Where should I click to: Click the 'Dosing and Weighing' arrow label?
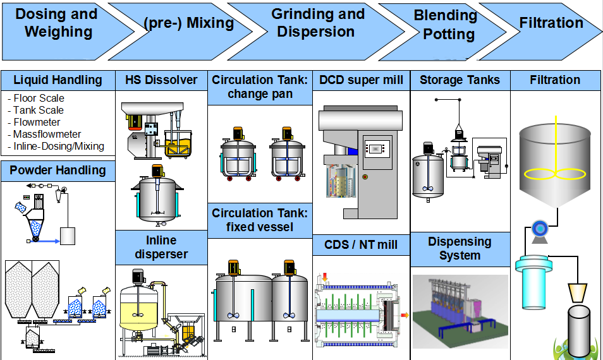57,23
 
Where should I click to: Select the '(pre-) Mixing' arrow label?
188,23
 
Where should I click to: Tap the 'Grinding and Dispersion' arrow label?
317,23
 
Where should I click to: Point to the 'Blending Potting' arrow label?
445,25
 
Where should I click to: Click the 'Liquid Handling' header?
58,80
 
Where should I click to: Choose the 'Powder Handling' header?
58,170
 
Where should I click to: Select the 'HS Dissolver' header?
161,80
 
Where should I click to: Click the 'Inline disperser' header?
161,247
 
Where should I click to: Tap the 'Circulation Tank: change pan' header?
260,87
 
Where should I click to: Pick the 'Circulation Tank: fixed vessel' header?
260,220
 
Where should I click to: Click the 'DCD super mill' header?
361,80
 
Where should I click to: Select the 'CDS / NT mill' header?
361,244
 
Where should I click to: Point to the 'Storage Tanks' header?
460,80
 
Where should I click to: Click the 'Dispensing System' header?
460,248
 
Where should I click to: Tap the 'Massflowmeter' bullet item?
47,135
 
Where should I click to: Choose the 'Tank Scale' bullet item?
39,111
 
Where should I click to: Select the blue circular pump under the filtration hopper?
540,228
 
